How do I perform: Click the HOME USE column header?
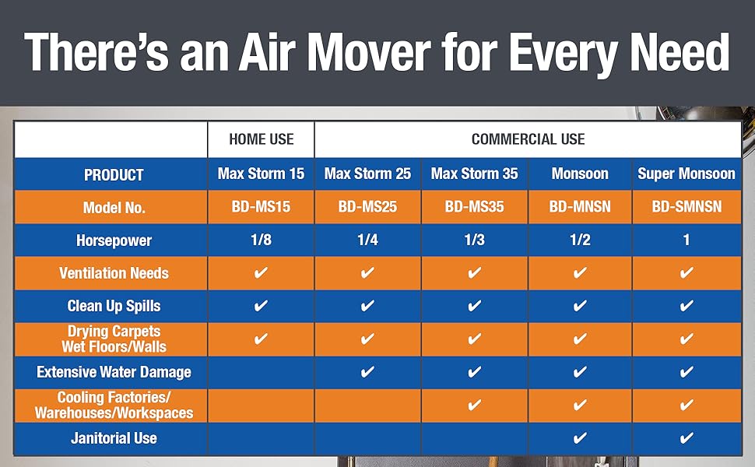261,139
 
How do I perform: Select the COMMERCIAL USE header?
528,139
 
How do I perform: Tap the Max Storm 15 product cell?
261,174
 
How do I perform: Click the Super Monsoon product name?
686,174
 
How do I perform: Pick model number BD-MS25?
367,207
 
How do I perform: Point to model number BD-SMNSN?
686,207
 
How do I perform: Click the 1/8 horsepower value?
261,240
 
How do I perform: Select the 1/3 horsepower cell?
474,240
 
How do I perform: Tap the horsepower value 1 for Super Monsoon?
686,240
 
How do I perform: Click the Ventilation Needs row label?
114,273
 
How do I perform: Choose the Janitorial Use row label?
114,438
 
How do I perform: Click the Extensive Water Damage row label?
114,372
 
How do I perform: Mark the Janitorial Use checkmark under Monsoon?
579,438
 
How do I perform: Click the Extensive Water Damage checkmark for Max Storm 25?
367,372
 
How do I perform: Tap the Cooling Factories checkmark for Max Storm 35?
474,405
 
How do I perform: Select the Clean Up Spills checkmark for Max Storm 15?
261,306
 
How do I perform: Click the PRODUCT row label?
114,174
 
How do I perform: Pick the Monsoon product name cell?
579,174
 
